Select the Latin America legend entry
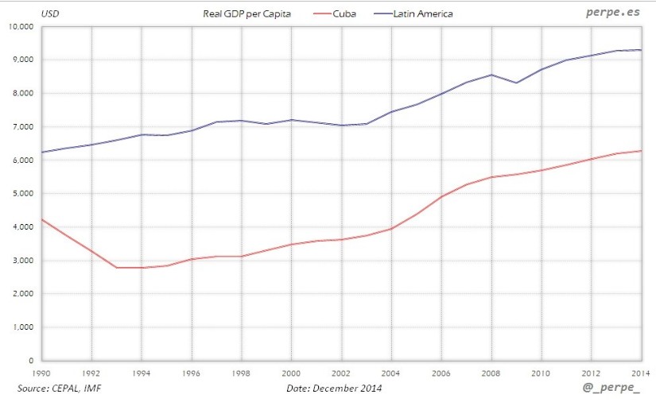pos(422,14)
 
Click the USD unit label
pos(26,14)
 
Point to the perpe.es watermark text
pos(611,13)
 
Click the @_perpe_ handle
pos(611,388)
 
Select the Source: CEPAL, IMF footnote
pos(59,388)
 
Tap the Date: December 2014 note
pos(334,388)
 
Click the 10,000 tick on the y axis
pos(20,26)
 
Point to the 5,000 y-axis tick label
pos(21,194)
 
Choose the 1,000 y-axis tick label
pos(21,327)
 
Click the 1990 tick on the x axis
pos(42,372)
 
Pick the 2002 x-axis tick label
pos(342,372)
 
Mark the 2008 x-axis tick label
pos(491,372)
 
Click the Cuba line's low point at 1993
pos(117,268)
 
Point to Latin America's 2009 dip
pos(517,83)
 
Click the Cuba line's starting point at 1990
pos(42,219)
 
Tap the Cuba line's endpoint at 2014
pos(641,151)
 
